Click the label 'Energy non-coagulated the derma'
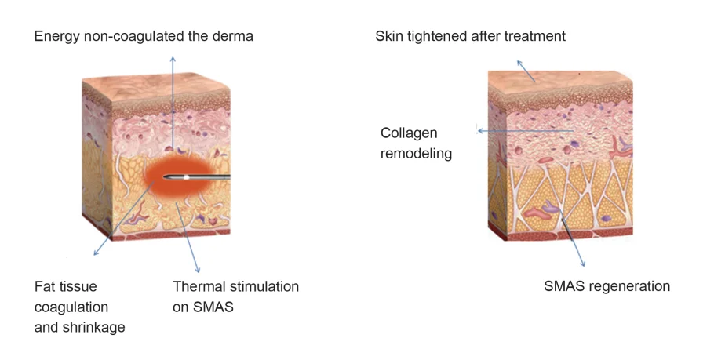pyautogui.click(x=144, y=36)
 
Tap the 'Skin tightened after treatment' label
pyautogui.click(x=470, y=36)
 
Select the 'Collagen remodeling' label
pyautogui.click(x=416, y=143)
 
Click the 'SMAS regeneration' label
pyautogui.click(x=607, y=286)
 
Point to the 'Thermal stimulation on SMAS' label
pyautogui.click(x=235, y=296)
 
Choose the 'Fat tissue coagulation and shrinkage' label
pyautogui.click(x=79, y=307)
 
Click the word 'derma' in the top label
pyautogui.click(x=233, y=36)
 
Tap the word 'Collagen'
pyautogui.click(x=409, y=133)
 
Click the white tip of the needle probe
pyautogui.click(x=186, y=177)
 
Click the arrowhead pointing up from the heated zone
pyautogui.click(x=173, y=59)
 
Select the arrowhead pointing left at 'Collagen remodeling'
pyautogui.click(x=479, y=131)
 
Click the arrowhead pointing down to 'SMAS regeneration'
pyautogui.click(x=582, y=264)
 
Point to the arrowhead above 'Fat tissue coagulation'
pyautogui.click(x=95, y=253)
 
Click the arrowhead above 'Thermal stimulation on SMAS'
pyautogui.click(x=196, y=268)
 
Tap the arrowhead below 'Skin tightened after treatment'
pyautogui.click(x=517, y=60)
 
